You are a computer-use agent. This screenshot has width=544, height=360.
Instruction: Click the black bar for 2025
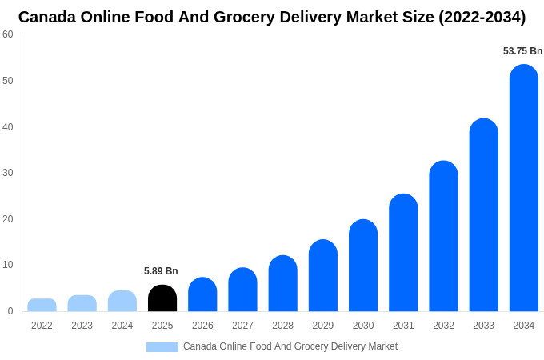(162, 298)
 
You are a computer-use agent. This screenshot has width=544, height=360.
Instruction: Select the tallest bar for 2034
(524, 188)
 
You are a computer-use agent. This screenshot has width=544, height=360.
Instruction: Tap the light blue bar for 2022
(42, 305)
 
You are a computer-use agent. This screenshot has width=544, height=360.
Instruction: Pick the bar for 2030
(363, 266)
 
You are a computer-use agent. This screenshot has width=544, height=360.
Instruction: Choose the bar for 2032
(443, 236)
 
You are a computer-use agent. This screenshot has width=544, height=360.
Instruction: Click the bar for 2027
(242, 290)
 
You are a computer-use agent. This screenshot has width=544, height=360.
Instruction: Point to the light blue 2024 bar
(122, 301)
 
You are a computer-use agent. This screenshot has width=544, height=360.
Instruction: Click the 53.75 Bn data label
(522, 51)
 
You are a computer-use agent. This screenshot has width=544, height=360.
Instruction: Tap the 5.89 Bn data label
(161, 271)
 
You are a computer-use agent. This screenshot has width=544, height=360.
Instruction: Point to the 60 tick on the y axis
(8, 34)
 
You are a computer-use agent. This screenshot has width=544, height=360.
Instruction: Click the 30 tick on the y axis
(8, 173)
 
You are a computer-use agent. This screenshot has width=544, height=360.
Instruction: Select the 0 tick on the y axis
(10, 311)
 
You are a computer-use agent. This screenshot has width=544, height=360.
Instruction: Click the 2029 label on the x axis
(323, 326)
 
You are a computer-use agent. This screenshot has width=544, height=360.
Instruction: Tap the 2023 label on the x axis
(82, 326)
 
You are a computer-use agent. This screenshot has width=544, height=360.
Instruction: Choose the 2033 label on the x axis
(483, 326)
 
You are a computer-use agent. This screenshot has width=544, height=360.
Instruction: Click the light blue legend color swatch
(162, 347)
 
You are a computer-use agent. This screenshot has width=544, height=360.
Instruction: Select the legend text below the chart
(290, 346)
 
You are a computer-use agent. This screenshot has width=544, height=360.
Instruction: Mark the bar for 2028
(282, 283)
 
